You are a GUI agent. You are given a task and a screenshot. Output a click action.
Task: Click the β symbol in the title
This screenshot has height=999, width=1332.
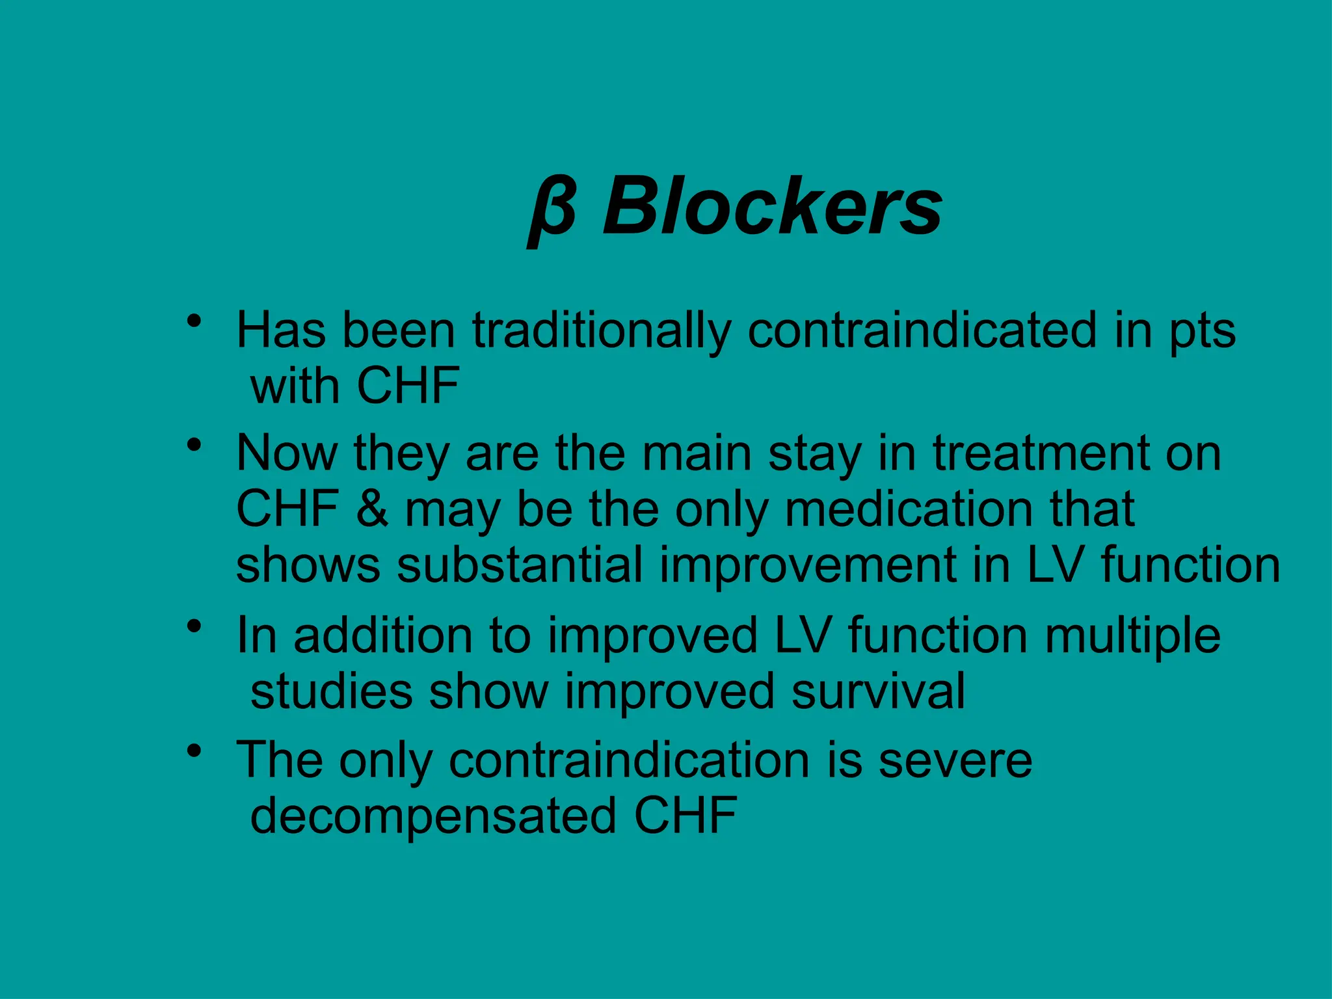(552, 210)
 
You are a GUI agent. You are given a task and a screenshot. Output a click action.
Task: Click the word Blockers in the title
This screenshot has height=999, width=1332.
(772, 207)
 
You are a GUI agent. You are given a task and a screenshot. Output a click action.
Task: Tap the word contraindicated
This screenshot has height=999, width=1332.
(922, 330)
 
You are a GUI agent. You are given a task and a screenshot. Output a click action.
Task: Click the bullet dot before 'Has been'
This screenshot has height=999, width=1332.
(193, 321)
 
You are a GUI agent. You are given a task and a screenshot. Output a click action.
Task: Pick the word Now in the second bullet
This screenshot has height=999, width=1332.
(286, 453)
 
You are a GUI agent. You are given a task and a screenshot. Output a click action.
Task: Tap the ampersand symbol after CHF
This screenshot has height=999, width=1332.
(371, 509)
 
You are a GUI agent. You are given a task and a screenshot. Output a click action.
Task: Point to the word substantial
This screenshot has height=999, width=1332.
(520, 565)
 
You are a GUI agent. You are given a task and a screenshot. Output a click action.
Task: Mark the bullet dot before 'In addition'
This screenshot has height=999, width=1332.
(193, 626)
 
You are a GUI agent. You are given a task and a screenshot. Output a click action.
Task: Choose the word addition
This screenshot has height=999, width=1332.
(383, 635)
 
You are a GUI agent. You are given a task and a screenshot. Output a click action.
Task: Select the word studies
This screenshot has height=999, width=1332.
(331, 691)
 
